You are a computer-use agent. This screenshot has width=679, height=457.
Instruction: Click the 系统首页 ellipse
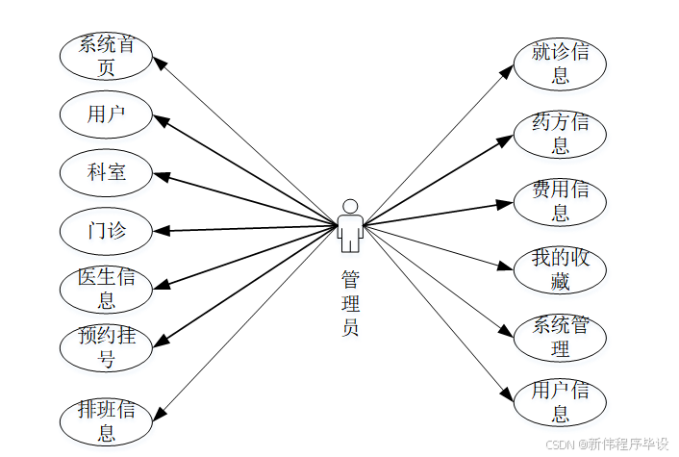pos(106,55)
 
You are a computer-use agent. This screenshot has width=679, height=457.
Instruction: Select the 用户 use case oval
pos(106,114)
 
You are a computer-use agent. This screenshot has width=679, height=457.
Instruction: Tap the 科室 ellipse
pos(106,173)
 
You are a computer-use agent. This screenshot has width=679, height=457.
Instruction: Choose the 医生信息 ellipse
pos(106,289)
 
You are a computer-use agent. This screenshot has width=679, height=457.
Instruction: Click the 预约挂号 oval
pos(106,347)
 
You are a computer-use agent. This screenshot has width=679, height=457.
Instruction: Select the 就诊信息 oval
pos(560,63)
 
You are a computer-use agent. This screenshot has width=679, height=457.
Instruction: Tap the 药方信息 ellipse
pos(560,133)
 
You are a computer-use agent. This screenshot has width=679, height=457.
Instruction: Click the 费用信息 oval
pos(560,201)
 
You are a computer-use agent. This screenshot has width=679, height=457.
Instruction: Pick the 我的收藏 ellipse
pos(560,269)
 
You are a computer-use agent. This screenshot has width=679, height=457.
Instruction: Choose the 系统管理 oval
pos(560,337)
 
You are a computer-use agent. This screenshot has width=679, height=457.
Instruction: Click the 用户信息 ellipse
pos(560,402)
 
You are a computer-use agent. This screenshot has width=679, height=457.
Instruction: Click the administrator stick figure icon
pos(350,226)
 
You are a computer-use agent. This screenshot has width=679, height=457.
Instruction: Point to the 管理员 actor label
pos(350,302)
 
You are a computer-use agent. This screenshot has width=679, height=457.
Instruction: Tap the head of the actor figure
pos(350,206)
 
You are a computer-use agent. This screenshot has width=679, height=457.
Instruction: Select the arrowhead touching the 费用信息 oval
pos(506,203)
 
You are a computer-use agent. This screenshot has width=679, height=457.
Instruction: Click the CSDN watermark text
pos(607,444)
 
